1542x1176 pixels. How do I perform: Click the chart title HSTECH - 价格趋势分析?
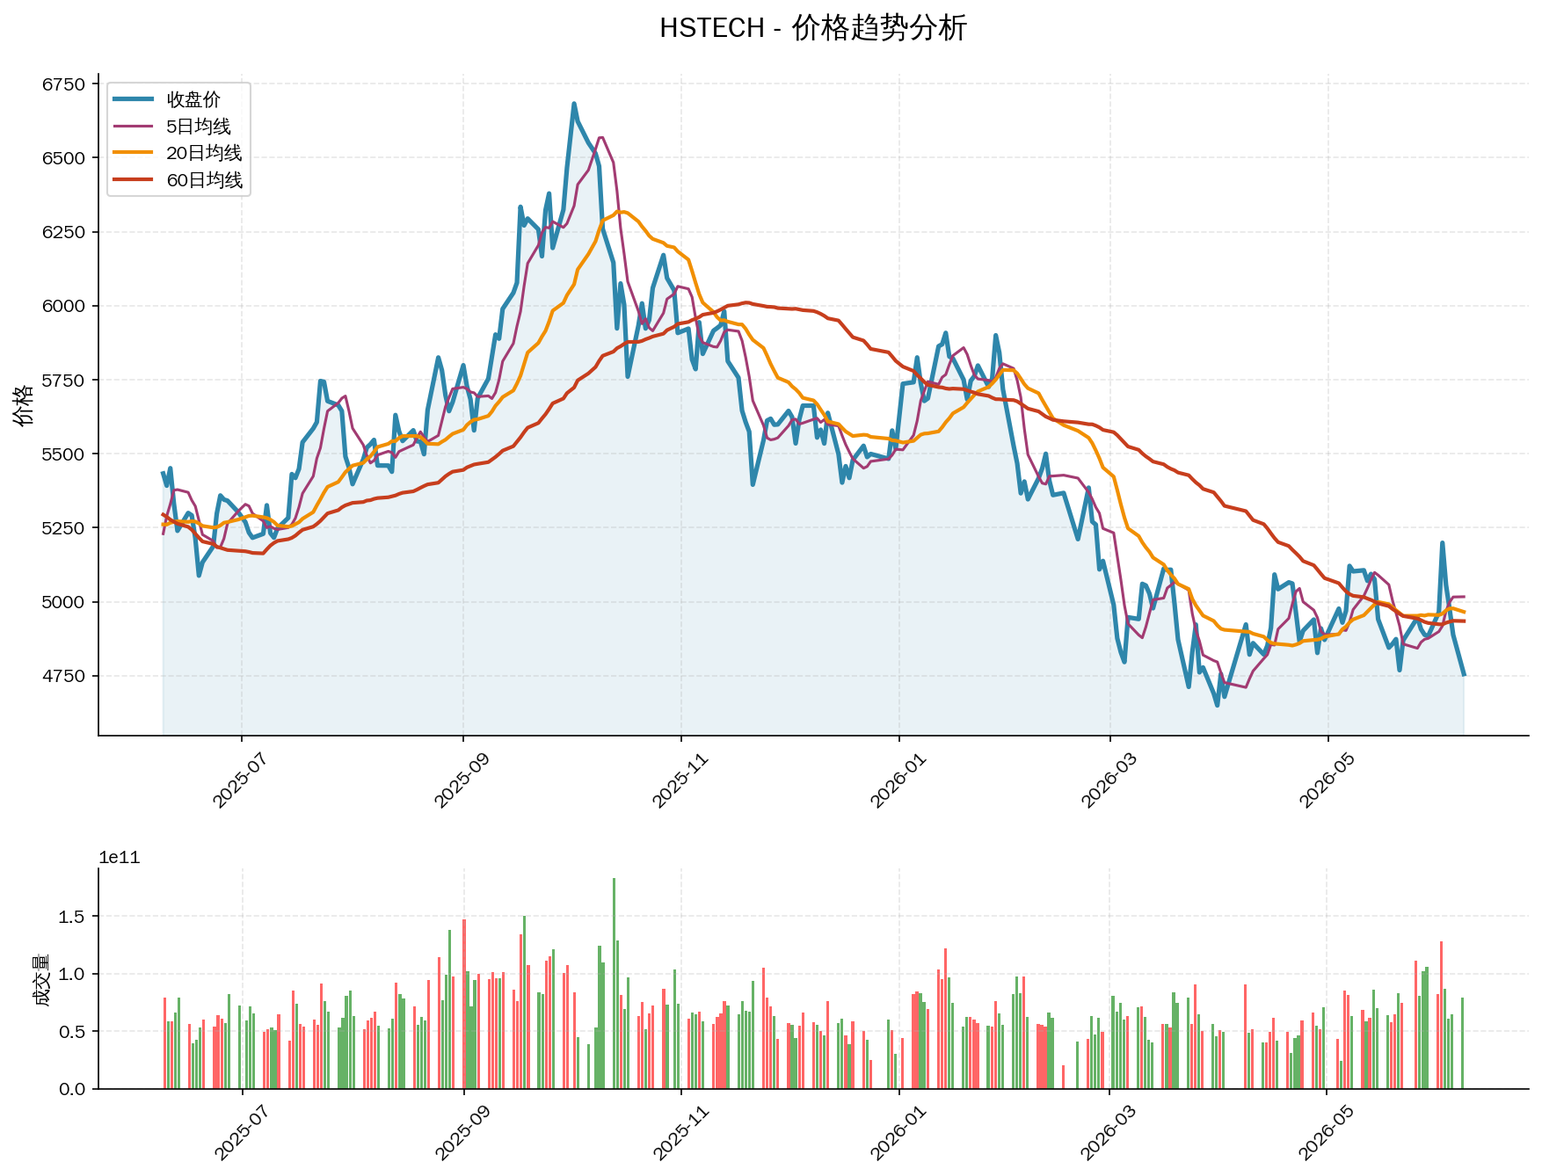813,28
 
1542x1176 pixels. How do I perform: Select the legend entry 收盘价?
193,99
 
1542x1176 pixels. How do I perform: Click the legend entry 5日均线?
199,127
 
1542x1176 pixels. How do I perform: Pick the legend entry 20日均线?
204,153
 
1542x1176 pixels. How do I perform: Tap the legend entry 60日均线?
204,180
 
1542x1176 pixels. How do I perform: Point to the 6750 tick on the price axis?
64,84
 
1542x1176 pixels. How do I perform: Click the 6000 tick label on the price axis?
64,306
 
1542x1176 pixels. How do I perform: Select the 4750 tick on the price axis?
64,676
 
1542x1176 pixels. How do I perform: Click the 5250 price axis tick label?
64,528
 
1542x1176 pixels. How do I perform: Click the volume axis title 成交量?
40,979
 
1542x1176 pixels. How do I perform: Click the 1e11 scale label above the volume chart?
120,858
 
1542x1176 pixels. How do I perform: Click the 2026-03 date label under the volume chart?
1109,1131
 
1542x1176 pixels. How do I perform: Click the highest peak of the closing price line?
574,104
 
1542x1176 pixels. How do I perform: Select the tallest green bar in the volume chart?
614,983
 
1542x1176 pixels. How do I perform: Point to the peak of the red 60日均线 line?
746,302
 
